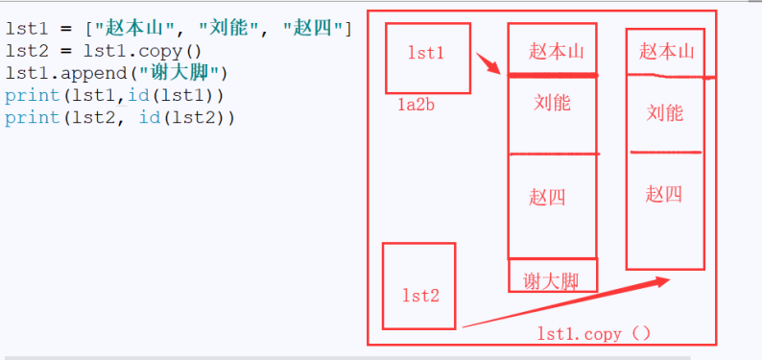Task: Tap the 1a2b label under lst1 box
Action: coord(417,104)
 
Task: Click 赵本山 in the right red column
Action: coord(667,51)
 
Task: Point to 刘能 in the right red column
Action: coord(665,113)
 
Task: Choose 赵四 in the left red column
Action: coord(547,198)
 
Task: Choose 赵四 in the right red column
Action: coord(664,195)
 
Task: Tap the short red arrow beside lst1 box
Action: coord(488,64)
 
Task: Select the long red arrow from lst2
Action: coord(566,302)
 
